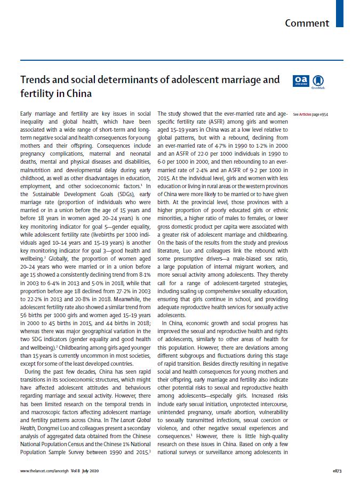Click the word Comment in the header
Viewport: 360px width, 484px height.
(x=307, y=23)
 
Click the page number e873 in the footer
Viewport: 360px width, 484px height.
(x=336, y=472)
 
